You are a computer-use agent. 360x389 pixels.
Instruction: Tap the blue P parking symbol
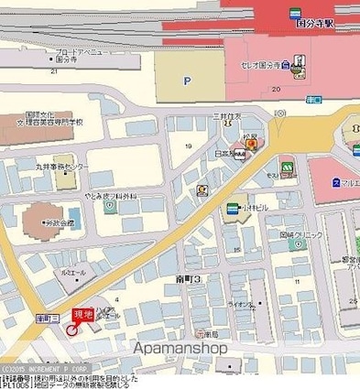(x=188, y=81)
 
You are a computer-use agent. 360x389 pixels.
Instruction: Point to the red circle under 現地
(x=72, y=329)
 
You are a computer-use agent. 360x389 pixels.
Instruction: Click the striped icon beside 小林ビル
(x=232, y=208)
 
